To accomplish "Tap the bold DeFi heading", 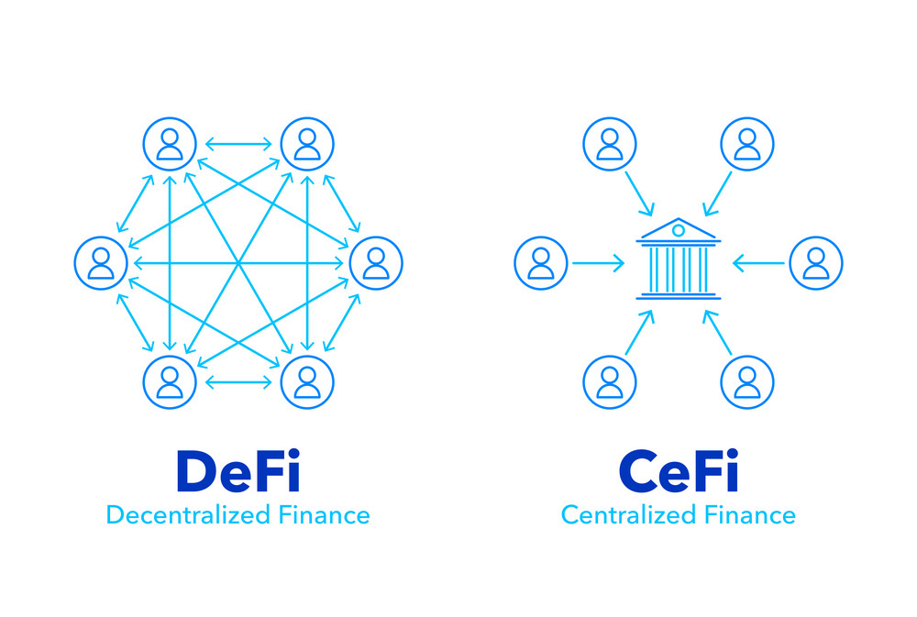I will click(238, 472).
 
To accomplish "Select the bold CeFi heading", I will click(679, 472).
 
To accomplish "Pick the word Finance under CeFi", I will click(749, 515).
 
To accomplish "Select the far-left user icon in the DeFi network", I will click(101, 263).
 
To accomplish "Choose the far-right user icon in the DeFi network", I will click(376, 263).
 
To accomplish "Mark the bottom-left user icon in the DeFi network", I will click(170, 382).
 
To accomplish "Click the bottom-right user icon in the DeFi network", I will click(307, 382).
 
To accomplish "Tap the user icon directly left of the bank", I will click(541, 263).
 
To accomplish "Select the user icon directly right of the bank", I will click(815, 263).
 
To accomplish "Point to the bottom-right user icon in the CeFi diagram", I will click(747, 382).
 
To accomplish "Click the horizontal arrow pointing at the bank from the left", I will click(598, 264).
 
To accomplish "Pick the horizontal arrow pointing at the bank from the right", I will click(758, 264).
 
